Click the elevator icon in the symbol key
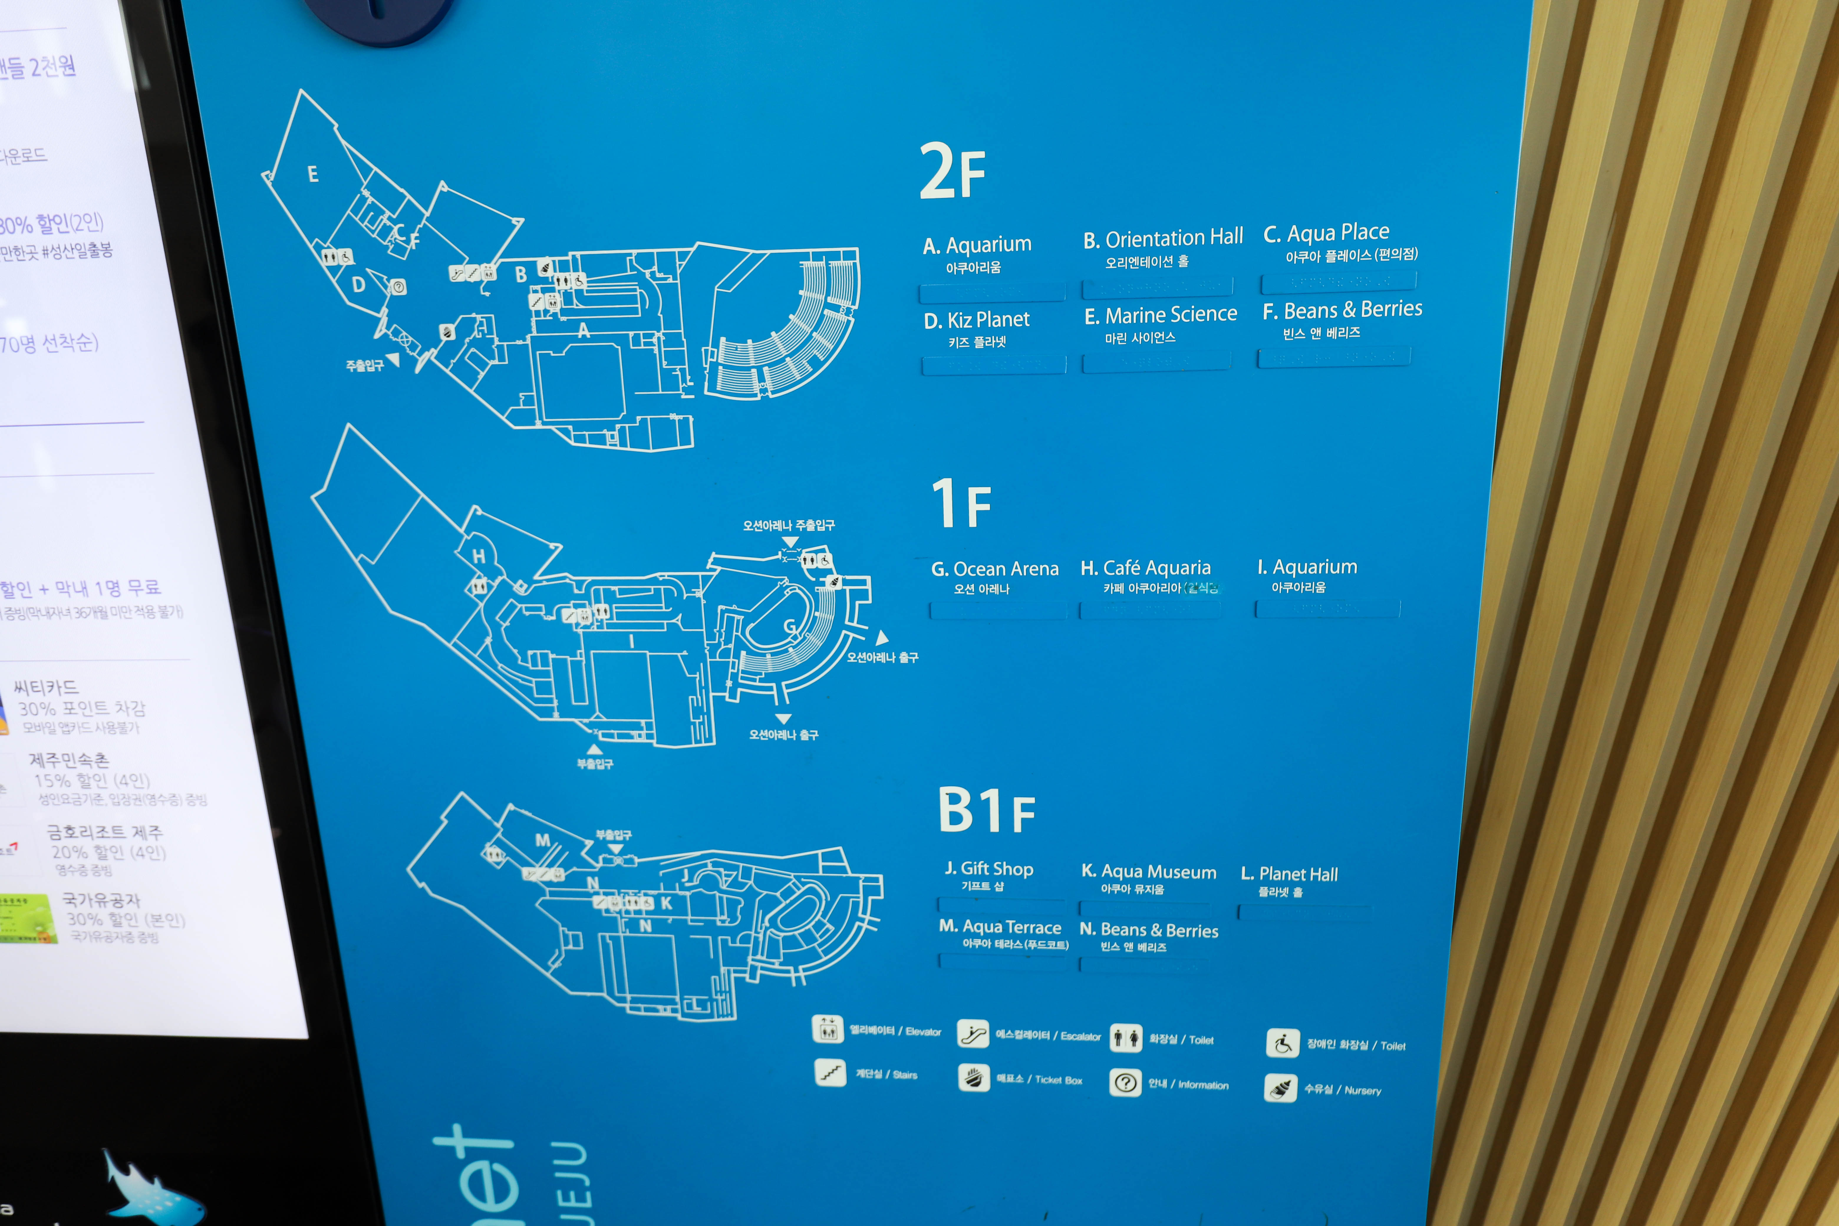pyautogui.click(x=827, y=1029)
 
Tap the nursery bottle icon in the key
pyautogui.click(x=1281, y=1087)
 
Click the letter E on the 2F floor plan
pyautogui.click(x=313, y=174)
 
